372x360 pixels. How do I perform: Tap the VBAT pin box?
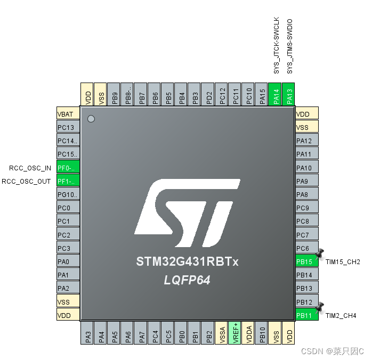(68, 114)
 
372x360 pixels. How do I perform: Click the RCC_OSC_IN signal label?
(30, 168)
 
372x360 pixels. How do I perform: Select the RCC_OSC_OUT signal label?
(27, 181)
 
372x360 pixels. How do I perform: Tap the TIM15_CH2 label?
(343, 262)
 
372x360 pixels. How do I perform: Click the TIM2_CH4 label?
(341, 316)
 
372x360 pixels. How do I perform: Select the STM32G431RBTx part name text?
(187, 262)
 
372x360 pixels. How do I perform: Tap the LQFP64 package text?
(187, 280)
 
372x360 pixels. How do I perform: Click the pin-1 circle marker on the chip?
(91, 119)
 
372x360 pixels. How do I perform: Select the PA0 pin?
(68, 261)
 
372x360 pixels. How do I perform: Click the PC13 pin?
(68, 127)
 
